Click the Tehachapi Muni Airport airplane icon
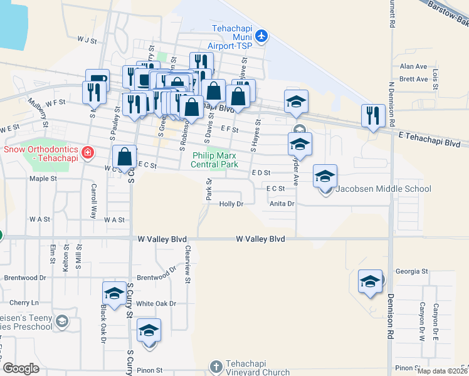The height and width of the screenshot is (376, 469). tap(263, 36)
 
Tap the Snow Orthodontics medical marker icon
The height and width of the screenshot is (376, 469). tap(88, 151)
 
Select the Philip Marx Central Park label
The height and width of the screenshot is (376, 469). tap(215, 159)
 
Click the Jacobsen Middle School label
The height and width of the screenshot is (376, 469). tap(383, 189)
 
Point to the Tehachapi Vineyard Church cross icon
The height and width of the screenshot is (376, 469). tap(216, 365)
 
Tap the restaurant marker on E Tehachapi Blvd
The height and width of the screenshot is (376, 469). tap(372, 115)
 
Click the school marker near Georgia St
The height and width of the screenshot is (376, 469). tap(370, 281)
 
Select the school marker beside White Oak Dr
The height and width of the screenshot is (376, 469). tap(114, 293)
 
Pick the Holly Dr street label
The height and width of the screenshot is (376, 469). tap(231, 204)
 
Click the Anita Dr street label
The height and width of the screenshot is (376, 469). tap(282, 204)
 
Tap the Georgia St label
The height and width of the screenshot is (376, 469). tap(411, 272)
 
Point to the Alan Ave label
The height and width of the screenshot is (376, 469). tap(413, 66)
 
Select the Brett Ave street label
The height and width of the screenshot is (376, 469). tap(413, 80)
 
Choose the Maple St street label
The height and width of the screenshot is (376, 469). tap(43, 179)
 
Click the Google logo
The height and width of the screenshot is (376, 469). tap(21, 368)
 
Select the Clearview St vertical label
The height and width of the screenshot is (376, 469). tap(187, 263)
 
